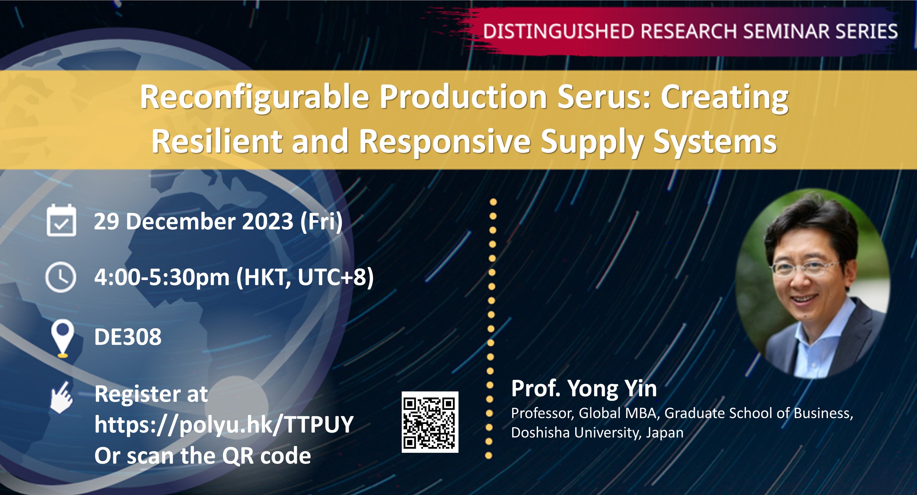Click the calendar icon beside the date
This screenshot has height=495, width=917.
(x=61, y=221)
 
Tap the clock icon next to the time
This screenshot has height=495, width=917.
(x=61, y=277)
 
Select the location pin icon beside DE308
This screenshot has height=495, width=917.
(x=63, y=338)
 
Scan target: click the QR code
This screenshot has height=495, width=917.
(x=430, y=422)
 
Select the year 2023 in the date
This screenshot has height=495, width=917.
(x=268, y=222)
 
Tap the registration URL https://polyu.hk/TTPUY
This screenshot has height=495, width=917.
(x=224, y=424)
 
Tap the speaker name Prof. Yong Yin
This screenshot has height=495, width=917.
(x=584, y=389)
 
